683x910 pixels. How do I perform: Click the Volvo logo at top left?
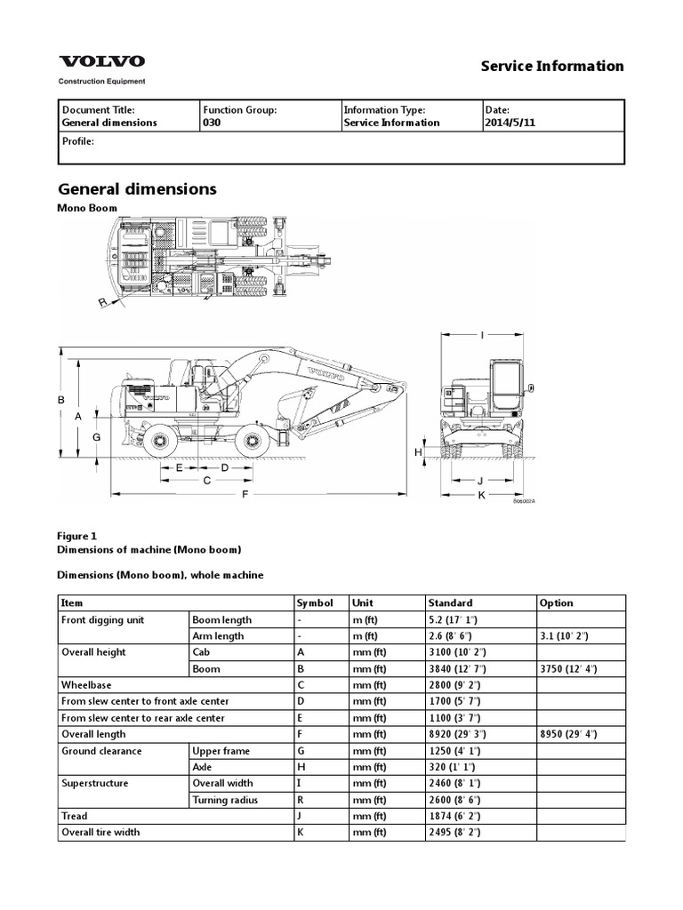click(101, 62)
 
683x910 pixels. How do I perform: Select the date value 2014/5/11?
click(510, 124)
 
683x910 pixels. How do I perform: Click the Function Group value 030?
click(212, 124)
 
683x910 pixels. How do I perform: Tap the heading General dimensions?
click(137, 189)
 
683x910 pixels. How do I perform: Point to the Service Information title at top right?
click(551, 66)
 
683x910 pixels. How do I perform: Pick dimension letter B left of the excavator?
click(62, 400)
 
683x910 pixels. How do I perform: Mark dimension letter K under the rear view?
click(481, 494)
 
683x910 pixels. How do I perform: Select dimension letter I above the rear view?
click(481, 335)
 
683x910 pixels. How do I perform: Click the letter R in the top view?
click(102, 303)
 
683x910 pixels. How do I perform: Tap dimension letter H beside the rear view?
click(417, 452)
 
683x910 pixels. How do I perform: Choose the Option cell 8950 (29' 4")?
click(568, 734)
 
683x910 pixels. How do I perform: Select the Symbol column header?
click(314, 603)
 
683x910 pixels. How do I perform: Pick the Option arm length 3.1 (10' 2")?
click(569, 636)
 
